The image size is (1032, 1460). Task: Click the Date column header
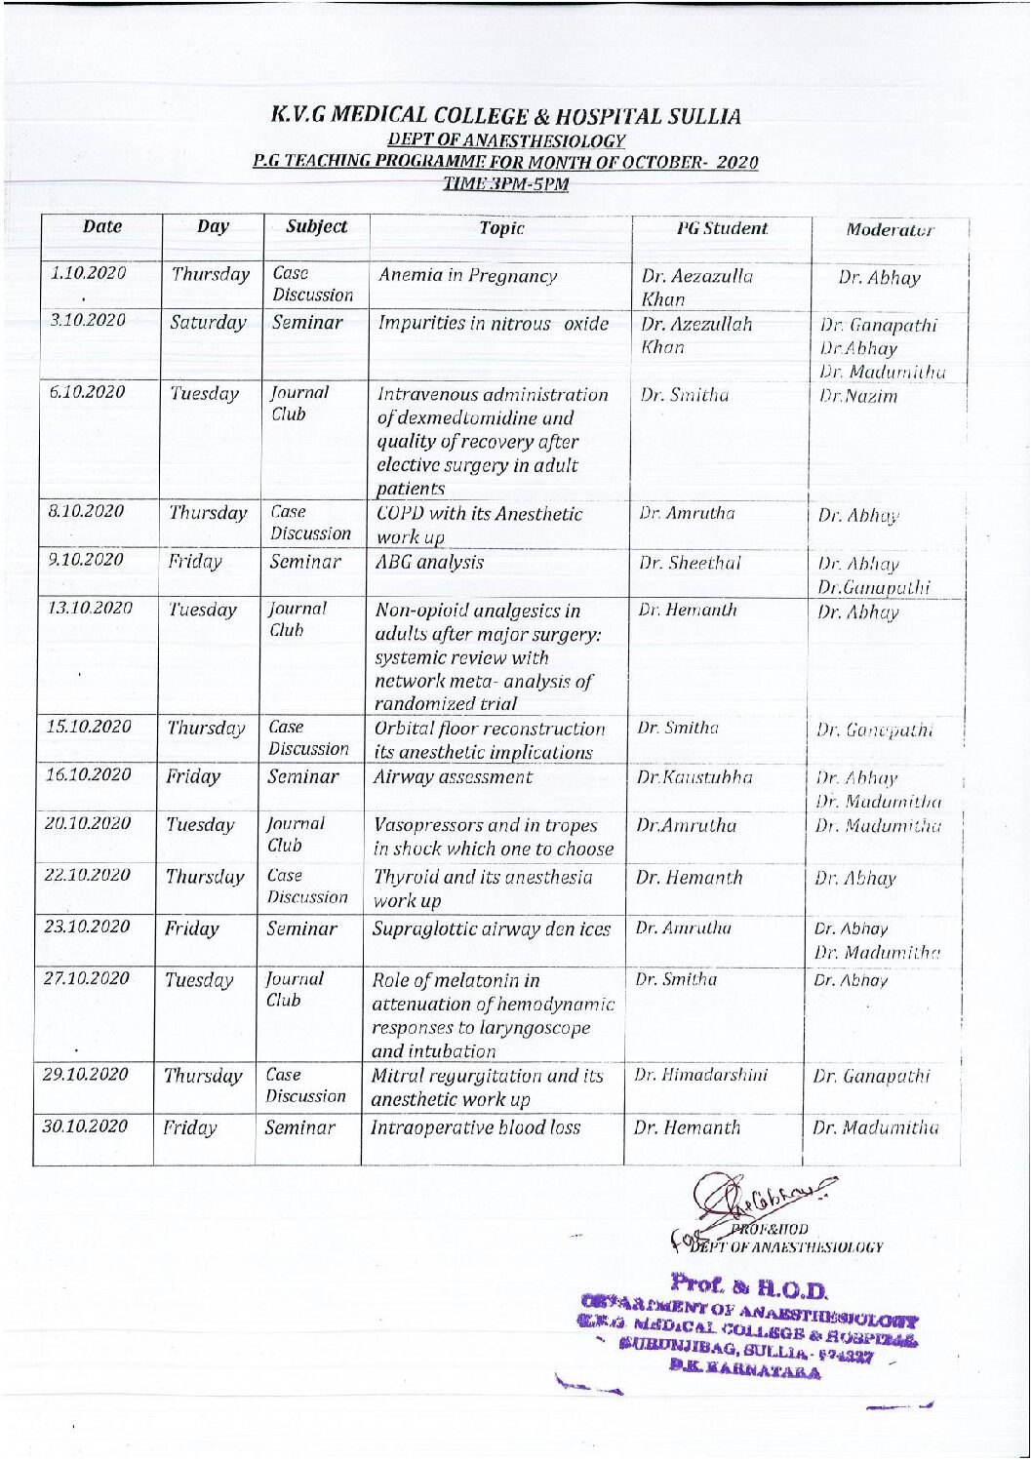pos(102,227)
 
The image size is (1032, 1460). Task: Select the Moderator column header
pos(889,231)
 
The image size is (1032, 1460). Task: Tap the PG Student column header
pos(722,228)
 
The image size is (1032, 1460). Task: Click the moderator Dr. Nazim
pos(845,397)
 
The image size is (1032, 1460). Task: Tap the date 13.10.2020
pos(90,608)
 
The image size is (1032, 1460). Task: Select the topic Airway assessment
pos(453,777)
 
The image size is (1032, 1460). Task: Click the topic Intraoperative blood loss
pos(476,1127)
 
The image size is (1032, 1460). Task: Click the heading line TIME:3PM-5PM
pos(505,183)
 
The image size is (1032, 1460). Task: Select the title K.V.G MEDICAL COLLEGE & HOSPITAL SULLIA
pos(505,117)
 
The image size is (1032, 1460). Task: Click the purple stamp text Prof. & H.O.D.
pos(749,1289)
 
